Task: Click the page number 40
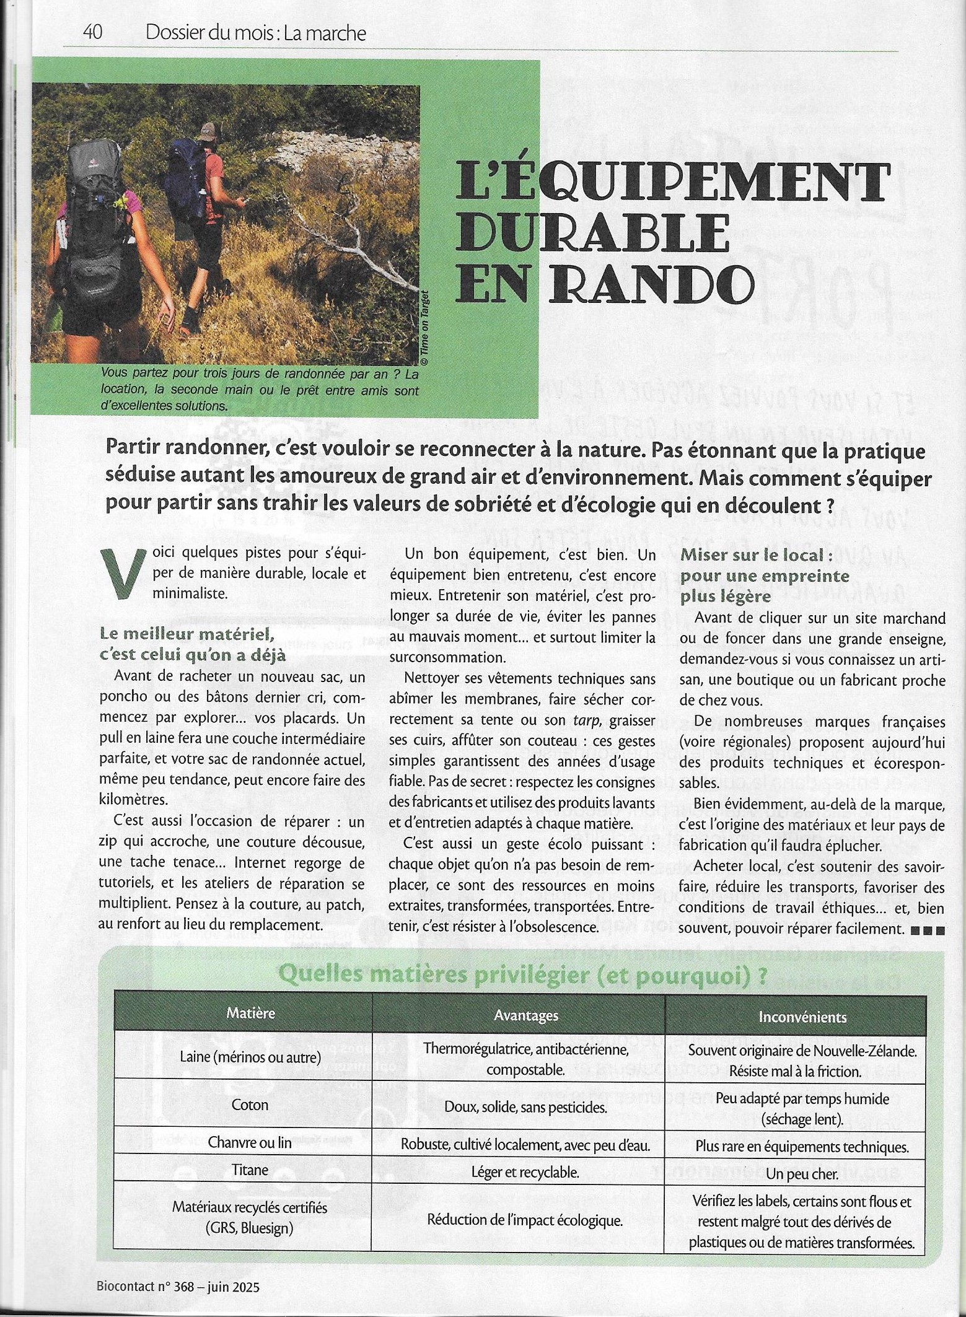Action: click(x=92, y=33)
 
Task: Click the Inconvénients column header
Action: click(x=802, y=1017)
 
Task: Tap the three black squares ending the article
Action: click(x=928, y=930)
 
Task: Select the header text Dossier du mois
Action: click(x=209, y=33)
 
